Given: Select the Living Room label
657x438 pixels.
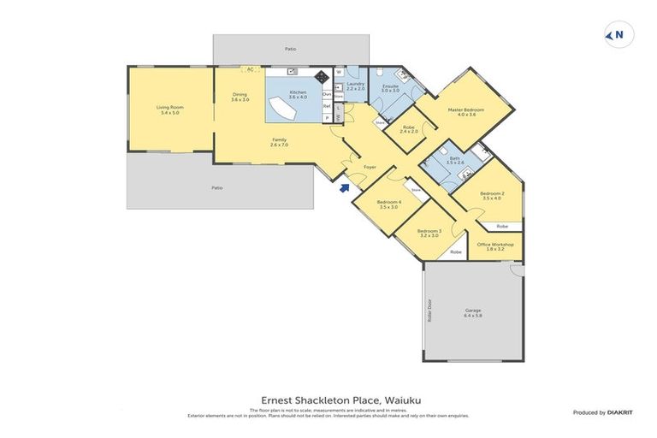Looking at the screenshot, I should (170, 109).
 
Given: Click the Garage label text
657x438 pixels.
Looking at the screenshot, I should (473, 313).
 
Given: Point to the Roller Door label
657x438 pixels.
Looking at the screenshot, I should (430, 311).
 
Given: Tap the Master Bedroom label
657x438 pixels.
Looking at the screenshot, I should (466, 111).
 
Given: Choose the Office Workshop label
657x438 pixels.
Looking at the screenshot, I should (500, 246).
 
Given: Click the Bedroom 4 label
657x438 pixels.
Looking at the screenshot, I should (389, 204).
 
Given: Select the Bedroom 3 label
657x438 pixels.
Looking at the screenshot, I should (429, 233).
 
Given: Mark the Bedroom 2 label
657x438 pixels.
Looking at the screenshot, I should (492, 196).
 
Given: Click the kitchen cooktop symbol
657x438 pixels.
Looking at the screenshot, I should (323, 76).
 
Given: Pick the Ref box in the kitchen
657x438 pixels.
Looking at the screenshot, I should (327, 106).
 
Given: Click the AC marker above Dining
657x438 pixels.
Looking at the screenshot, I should (251, 71).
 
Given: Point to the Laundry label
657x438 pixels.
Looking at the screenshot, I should (355, 86).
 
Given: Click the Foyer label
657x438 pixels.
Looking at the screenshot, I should (370, 167).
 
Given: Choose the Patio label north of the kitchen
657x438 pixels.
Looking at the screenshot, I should (291, 49).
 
